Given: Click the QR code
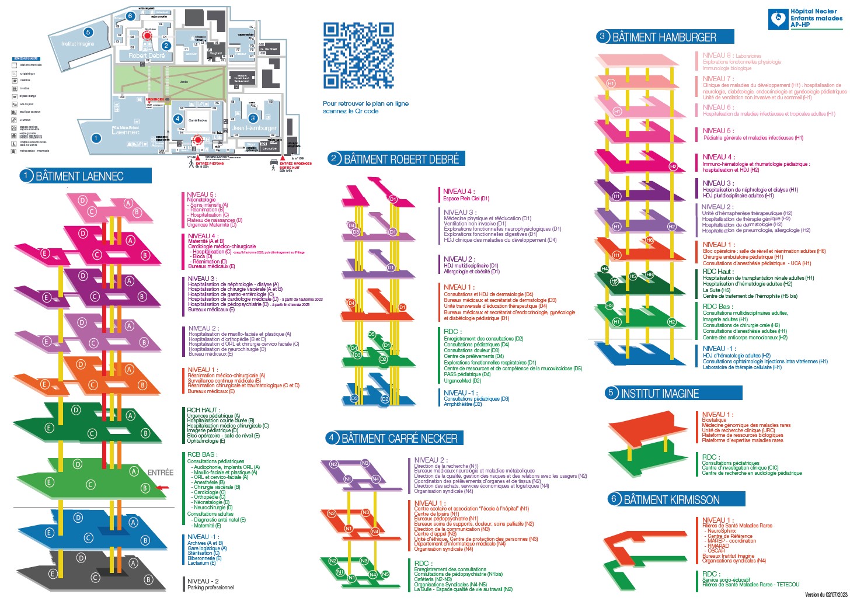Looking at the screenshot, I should point(358,55).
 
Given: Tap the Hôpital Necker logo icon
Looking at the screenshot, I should point(778,19).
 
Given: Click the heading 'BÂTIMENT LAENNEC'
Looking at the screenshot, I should point(79,176).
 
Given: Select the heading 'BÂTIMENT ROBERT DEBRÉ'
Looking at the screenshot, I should point(401,159).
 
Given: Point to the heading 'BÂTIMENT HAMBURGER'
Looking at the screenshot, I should point(664,37).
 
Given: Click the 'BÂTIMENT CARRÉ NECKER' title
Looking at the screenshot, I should point(399,439).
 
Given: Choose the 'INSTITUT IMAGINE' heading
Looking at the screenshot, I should point(660,394).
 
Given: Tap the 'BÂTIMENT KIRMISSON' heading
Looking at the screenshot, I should point(671,500).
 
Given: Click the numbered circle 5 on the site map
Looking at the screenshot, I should point(88,33).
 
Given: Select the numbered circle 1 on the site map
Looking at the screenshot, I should point(96,138).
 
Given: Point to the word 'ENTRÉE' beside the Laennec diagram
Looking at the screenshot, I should point(160,473).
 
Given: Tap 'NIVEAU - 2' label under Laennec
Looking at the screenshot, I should point(203,581).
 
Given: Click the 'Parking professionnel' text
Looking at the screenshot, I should point(210,588).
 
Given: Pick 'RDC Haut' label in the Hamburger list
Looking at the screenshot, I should point(717,272).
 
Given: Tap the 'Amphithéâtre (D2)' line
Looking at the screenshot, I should point(462,404).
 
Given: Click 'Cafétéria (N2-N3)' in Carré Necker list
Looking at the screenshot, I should point(433,579).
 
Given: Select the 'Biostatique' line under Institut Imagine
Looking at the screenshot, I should point(714,420).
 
